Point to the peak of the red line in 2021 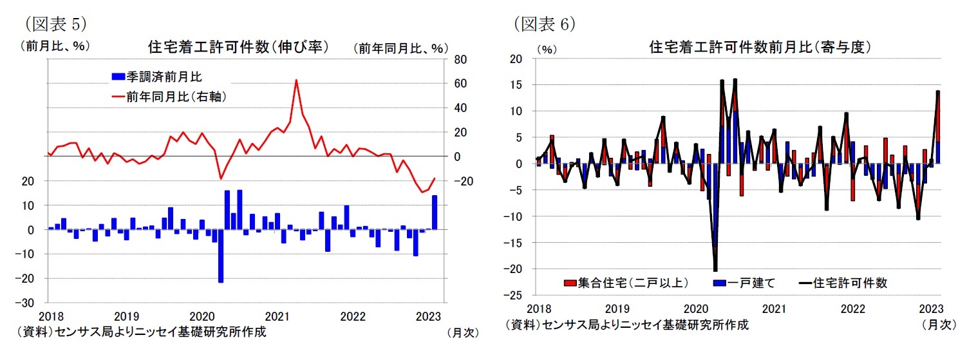click(x=296, y=81)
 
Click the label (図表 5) click(x=55, y=24)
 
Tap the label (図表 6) click(x=545, y=24)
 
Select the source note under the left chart click(x=142, y=332)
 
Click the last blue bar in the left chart click(x=435, y=212)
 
